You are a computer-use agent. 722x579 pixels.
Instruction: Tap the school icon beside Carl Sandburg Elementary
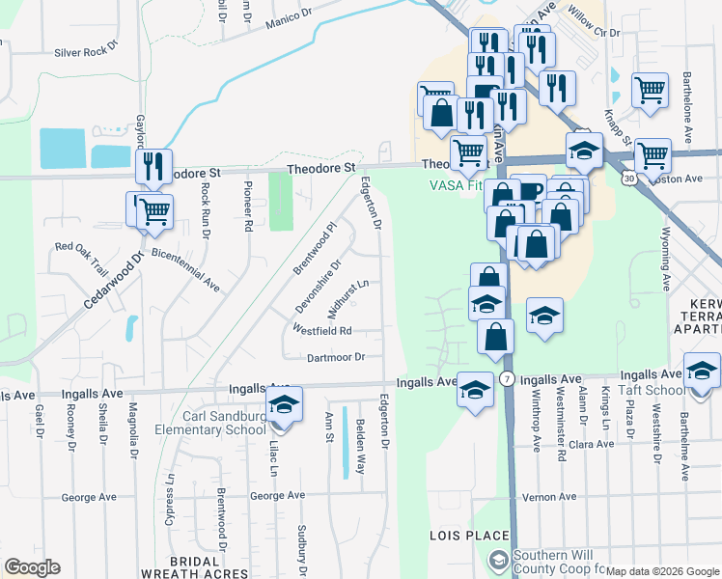284,406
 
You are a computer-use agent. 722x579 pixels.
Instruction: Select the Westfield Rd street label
322,330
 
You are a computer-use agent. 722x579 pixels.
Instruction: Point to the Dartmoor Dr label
334,357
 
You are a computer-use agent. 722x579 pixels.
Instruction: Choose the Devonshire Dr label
319,287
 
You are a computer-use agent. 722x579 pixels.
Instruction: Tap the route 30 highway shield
629,179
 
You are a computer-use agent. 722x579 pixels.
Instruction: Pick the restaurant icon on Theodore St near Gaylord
153,169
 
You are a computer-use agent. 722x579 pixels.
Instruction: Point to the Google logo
32,567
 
